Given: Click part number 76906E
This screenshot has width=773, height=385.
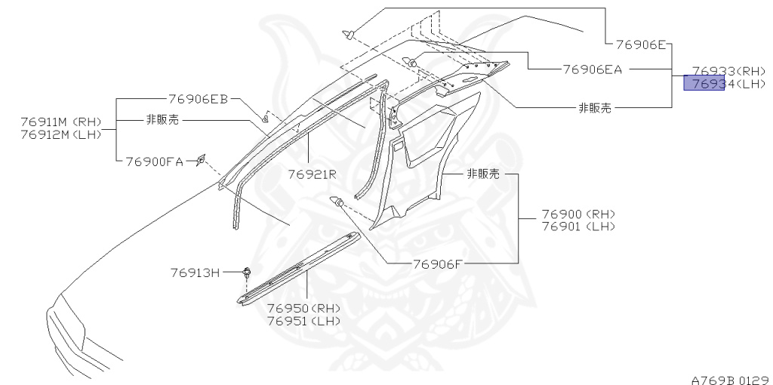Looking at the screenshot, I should [x=639, y=45].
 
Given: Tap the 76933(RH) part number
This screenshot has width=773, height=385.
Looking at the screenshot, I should [x=729, y=69].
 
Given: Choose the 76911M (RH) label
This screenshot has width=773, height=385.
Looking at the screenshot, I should [x=62, y=122].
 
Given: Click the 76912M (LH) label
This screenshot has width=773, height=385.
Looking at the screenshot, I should [x=62, y=134].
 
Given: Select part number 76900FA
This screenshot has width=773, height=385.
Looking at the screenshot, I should [x=155, y=161].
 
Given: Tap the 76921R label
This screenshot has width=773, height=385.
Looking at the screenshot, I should [x=311, y=174].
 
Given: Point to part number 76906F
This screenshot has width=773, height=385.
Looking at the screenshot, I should [x=442, y=264].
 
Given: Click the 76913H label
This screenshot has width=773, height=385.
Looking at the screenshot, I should [x=194, y=273].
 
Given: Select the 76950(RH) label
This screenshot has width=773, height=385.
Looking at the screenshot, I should [x=303, y=308].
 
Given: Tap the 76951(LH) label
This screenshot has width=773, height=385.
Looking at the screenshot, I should [x=303, y=320].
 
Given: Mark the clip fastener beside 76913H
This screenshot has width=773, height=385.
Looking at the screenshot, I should [x=247, y=273].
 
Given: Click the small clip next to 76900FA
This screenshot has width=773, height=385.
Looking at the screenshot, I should [x=201, y=159].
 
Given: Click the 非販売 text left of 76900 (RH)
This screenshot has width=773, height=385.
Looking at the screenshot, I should [x=484, y=174].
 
